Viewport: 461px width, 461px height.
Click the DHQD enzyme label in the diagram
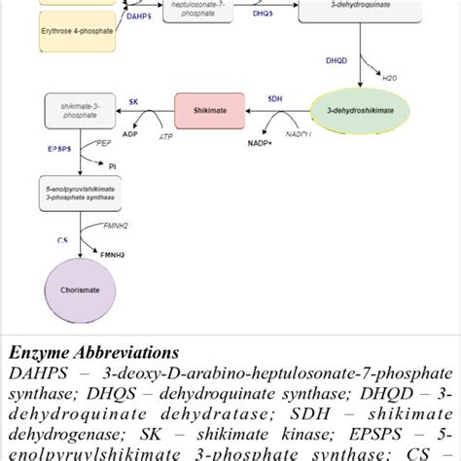click(335, 60)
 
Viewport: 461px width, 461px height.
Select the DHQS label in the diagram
click(262, 15)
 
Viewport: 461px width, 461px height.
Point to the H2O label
click(390, 77)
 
